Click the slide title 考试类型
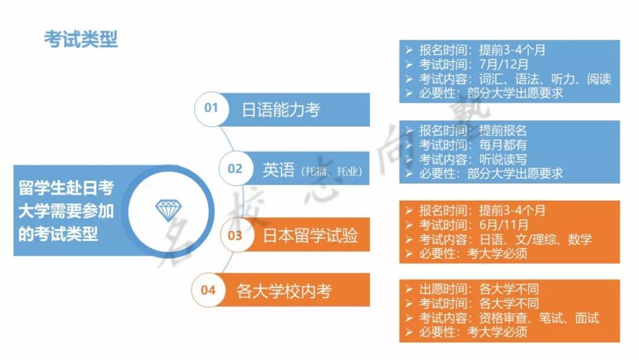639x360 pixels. [x=80, y=40]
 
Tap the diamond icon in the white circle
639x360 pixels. [x=168, y=210]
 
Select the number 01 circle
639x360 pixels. [x=211, y=108]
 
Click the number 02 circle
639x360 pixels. [x=235, y=168]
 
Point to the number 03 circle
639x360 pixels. [x=235, y=235]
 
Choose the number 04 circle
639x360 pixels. [x=208, y=290]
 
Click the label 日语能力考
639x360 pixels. [x=281, y=110]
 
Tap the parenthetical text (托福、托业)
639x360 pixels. [x=332, y=171]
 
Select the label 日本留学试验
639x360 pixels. [x=310, y=236]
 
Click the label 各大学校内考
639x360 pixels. [x=284, y=291]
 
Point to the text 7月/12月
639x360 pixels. [x=504, y=65]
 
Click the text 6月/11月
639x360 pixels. [x=504, y=224]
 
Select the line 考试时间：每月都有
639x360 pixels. [x=473, y=144]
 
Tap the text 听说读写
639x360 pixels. [x=503, y=159]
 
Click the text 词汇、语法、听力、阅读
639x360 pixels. [x=546, y=79]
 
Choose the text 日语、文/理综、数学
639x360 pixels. [x=535, y=239]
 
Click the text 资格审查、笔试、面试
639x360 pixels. [x=539, y=318]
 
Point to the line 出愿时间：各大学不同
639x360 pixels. [x=479, y=289]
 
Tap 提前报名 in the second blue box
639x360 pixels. [x=503, y=130]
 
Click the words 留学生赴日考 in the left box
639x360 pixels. [x=66, y=188]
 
